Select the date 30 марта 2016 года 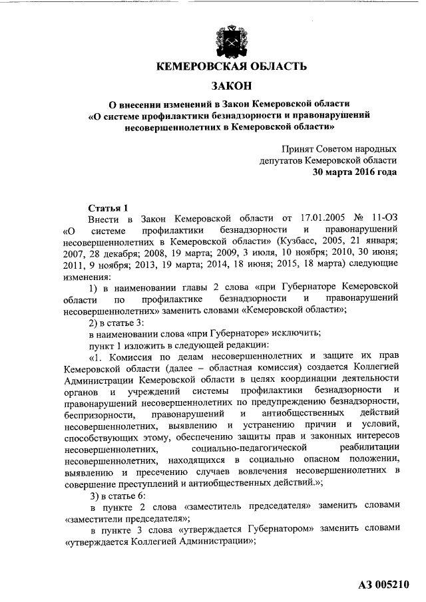pos(355,172)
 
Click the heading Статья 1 pos(107,207)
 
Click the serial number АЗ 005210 pos(382,585)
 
